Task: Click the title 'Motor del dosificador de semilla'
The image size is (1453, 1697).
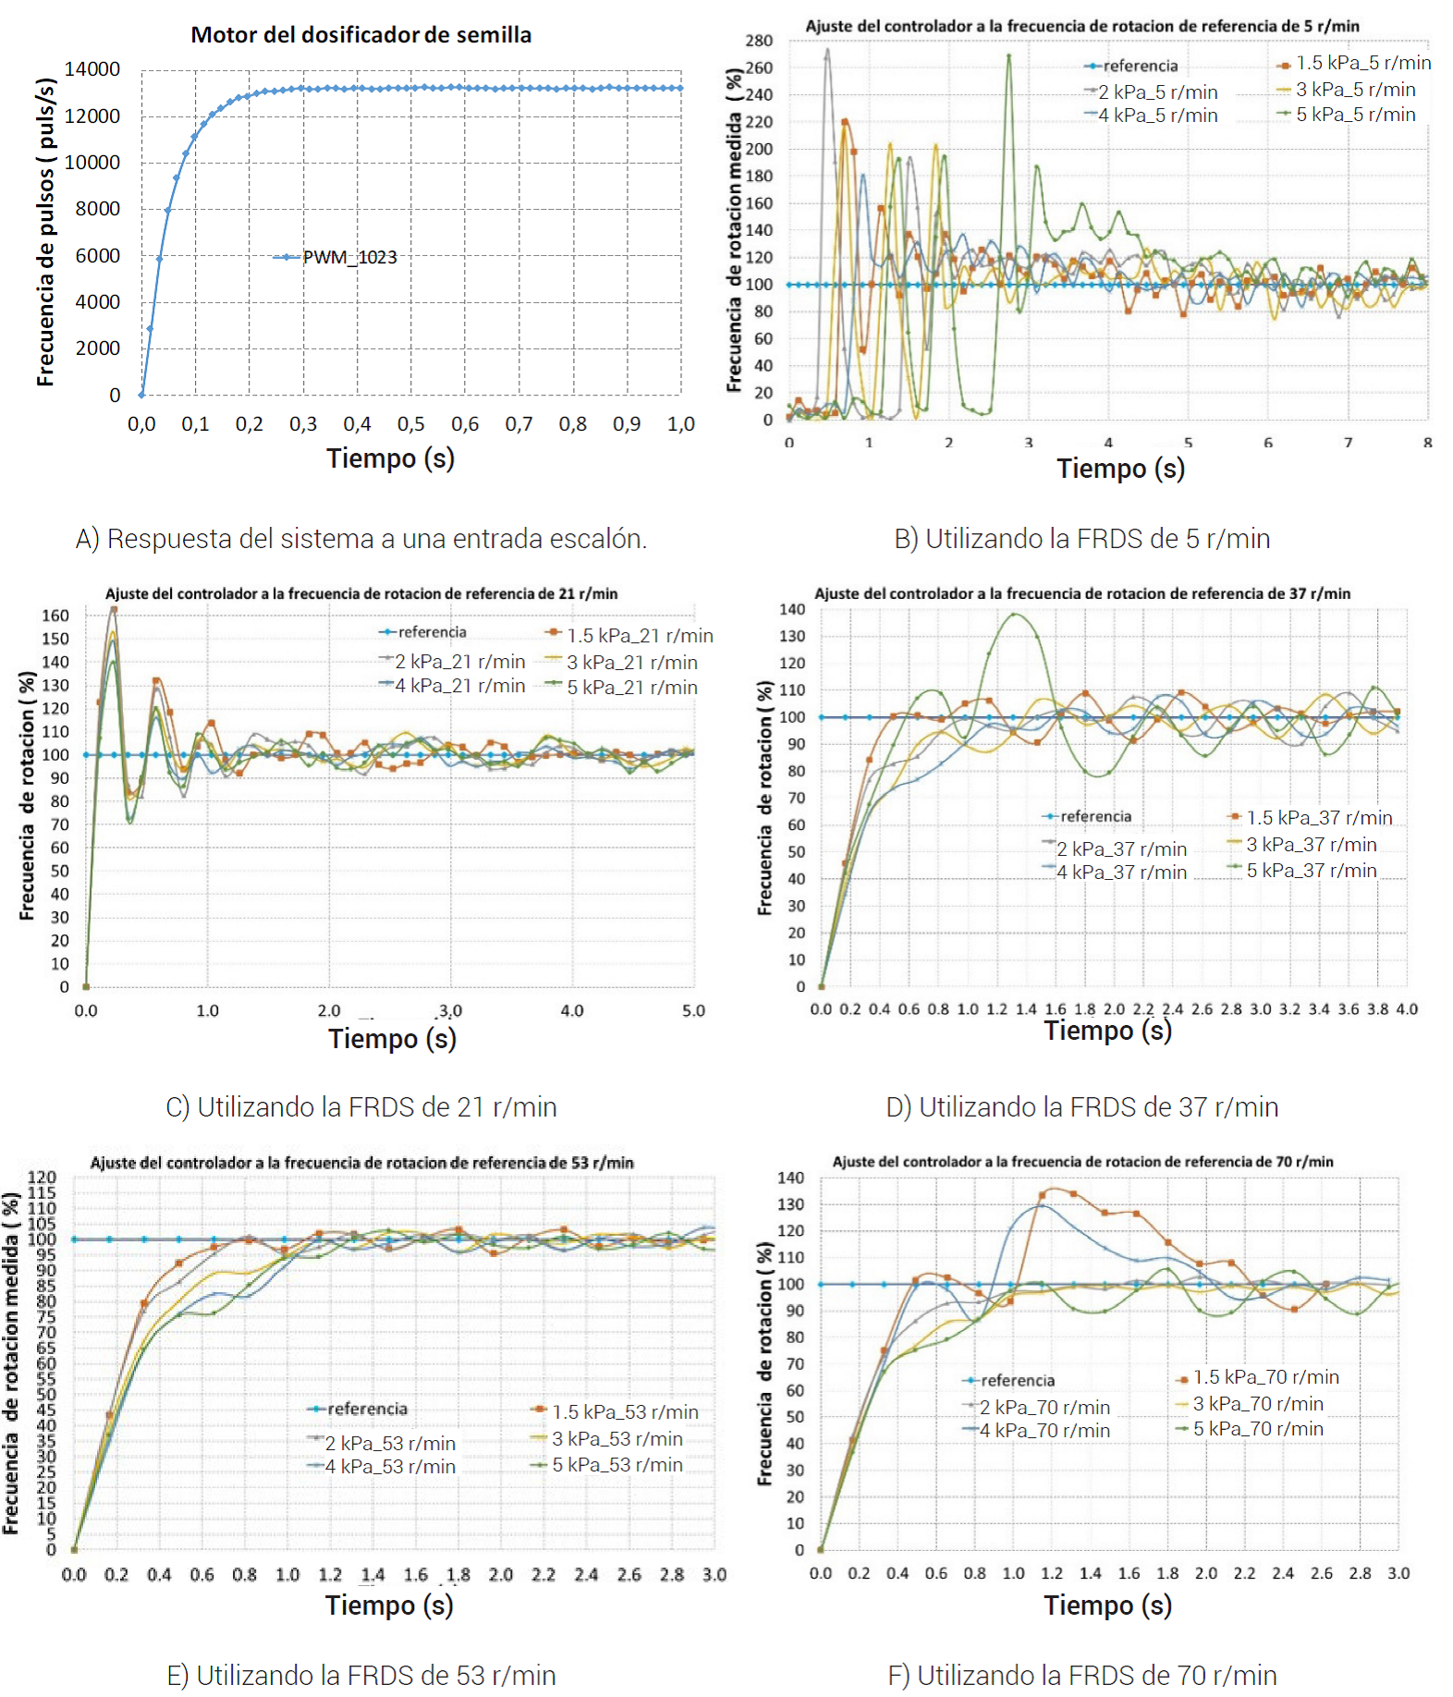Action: pos(360,35)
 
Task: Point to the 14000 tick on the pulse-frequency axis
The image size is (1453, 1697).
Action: pos(92,69)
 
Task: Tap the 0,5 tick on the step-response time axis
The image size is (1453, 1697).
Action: pos(410,424)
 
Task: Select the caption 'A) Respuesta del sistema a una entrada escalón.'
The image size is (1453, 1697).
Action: pos(361,539)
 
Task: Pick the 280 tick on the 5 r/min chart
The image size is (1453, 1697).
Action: pos(759,41)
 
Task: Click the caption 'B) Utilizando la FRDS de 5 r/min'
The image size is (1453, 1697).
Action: pos(1081,539)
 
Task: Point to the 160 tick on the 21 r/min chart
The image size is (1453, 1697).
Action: pos(55,616)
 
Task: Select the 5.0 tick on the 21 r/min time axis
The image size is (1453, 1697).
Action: pos(693,1011)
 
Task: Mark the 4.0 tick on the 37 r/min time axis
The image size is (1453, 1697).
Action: pos(1407,1009)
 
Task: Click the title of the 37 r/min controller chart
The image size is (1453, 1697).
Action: pos(1081,593)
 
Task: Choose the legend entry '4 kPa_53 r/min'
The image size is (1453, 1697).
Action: pos(389,1467)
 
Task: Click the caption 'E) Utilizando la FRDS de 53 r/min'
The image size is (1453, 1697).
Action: pos(361,1675)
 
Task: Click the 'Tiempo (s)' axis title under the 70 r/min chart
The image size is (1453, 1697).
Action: pos(1107,1605)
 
